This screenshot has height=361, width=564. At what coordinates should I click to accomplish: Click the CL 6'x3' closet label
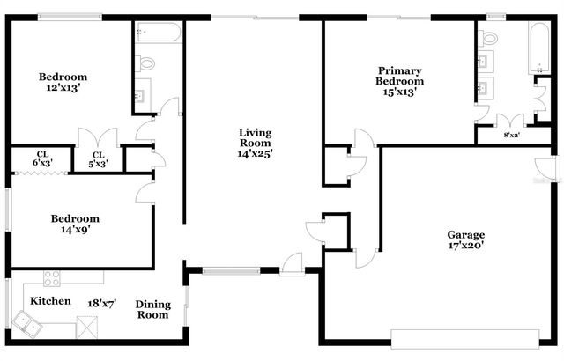pyautogui.click(x=42, y=158)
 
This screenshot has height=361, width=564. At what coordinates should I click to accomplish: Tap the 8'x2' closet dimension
pyautogui.click(x=510, y=135)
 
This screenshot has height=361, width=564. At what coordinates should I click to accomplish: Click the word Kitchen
pyautogui.click(x=51, y=301)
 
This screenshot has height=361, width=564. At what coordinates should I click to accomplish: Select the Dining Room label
pyautogui.click(x=152, y=310)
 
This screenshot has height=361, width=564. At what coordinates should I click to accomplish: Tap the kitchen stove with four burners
pyautogui.click(x=53, y=279)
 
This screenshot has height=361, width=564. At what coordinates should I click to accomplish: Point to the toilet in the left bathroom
pyautogui.click(x=146, y=63)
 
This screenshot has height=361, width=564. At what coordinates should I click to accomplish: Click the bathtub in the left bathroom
pyautogui.click(x=160, y=33)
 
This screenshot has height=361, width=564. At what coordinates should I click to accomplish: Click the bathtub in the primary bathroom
pyautogui.click(x=537, y=48)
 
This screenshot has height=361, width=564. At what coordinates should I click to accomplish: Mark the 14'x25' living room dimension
pyautogui.click(x=255, y=152)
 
